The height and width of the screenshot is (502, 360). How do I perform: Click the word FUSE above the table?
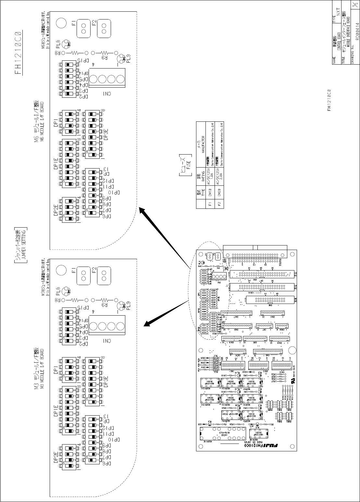[x=188, y=166]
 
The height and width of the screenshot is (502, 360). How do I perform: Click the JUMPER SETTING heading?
[x=22, y=244]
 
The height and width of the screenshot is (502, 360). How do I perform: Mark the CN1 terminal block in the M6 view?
[x=107, y=79]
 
